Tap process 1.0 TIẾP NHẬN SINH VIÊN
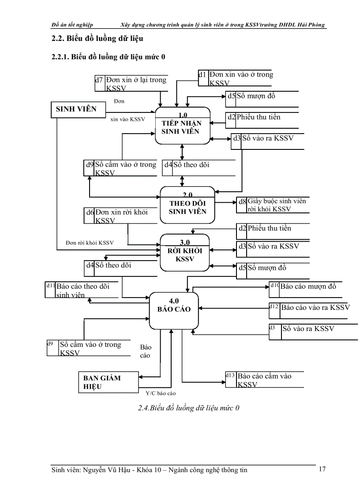(181, 126)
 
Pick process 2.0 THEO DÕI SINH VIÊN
(187, 206)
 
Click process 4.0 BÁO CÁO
(173, 310)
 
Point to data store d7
(131, 83)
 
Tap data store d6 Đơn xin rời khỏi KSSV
(121, 216)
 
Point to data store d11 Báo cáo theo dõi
(82, 290)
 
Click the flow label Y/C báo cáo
(161, 393)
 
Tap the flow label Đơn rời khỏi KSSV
(90, 243)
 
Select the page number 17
(322, 469)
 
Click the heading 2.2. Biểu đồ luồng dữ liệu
(97, 39)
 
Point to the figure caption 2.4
(188, 408)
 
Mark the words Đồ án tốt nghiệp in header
(72, 25)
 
